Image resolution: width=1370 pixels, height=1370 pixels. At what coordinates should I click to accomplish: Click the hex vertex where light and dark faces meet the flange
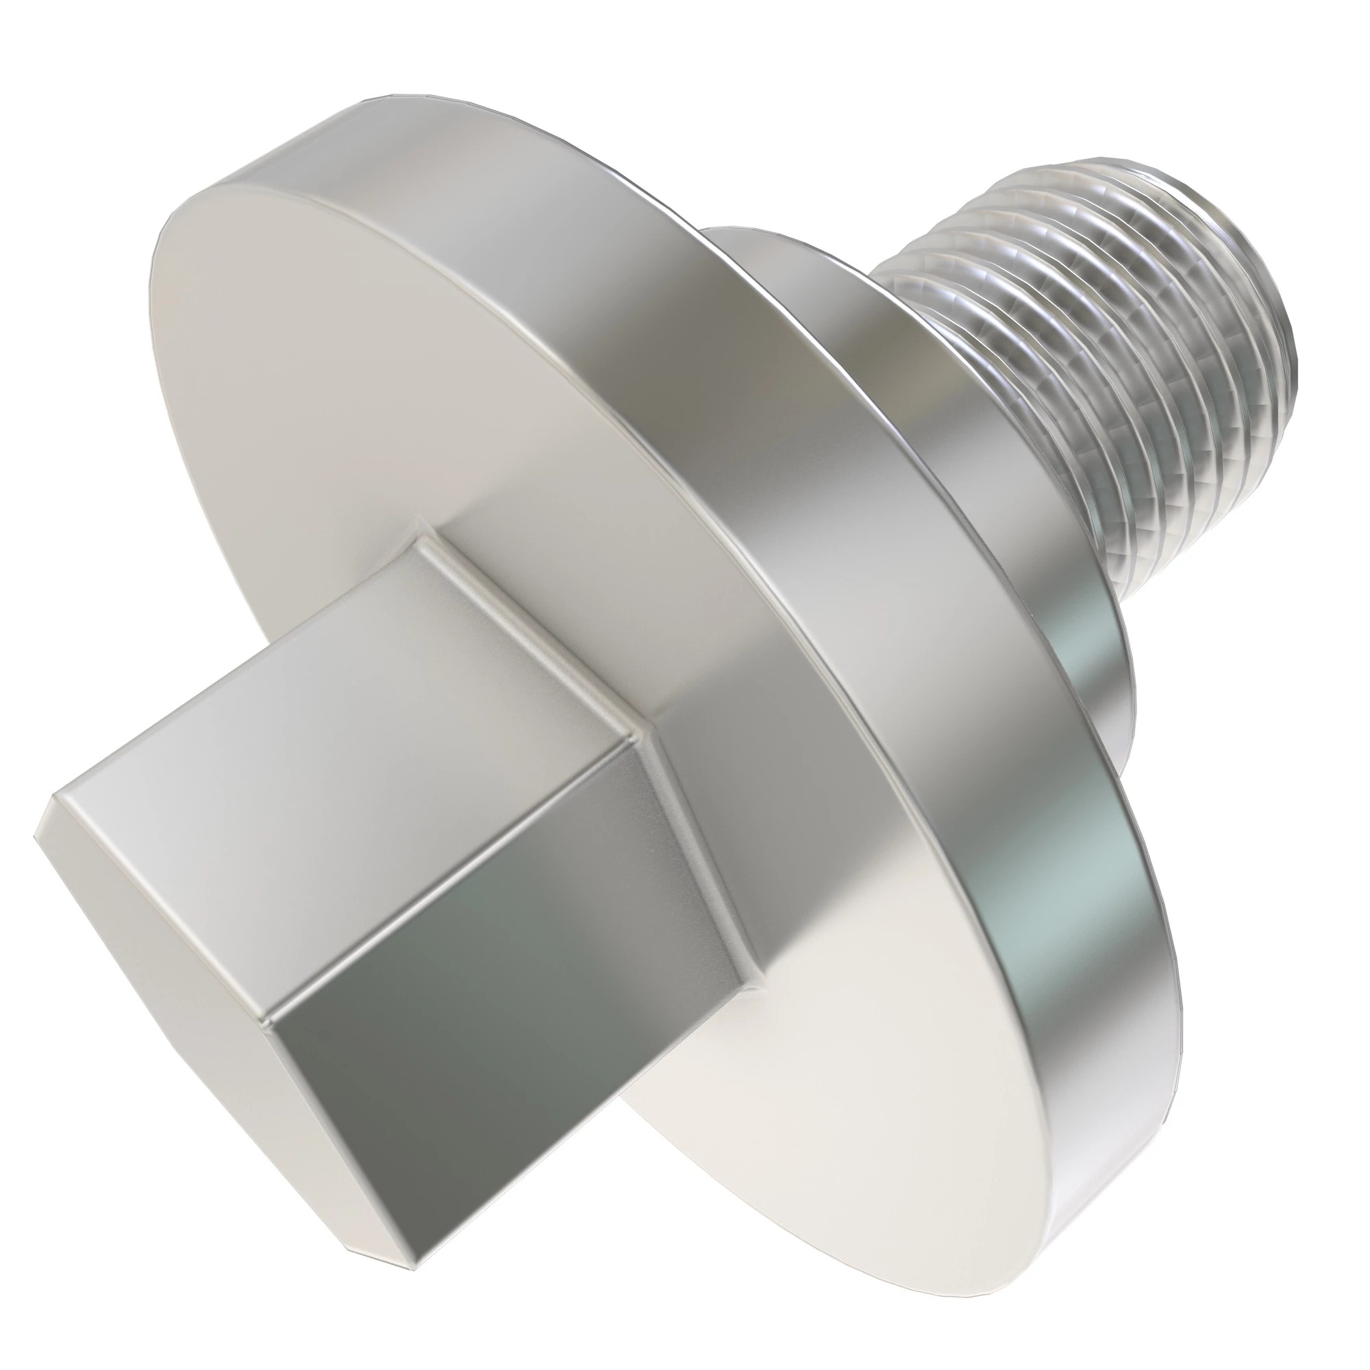(x=652, y=738)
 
